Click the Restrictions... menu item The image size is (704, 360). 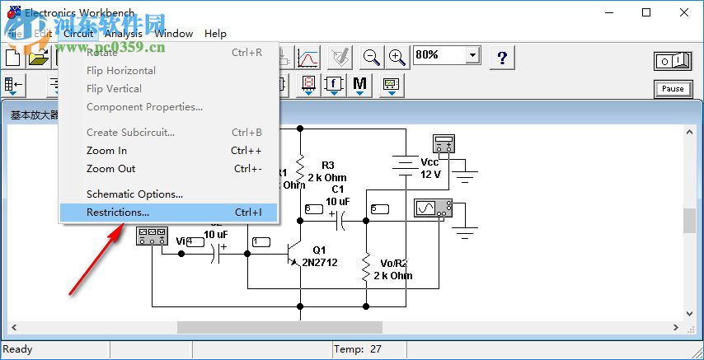(118, 213)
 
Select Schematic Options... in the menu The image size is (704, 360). (134, 194)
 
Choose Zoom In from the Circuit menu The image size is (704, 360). (106, 151)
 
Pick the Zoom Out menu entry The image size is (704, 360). (110, 169)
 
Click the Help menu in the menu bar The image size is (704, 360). (215, 34)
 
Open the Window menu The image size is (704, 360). (173, 34)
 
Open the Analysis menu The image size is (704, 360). (124, 34)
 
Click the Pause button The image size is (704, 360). (673, 89)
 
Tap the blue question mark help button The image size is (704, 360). (502, 57)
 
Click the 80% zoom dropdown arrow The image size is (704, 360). (472, 55)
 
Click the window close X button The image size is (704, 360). (684, 12)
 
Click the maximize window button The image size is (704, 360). (646, 12)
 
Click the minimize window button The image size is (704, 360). (608, 12)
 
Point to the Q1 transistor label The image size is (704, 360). (319, 250)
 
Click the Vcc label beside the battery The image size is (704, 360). (429, 162)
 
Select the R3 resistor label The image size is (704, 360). (328, 166)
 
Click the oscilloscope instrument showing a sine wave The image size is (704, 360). (433, 208)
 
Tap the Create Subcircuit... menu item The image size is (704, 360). (130, 133)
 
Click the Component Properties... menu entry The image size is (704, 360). (144, 107)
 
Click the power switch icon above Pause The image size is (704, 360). (673, 61)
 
